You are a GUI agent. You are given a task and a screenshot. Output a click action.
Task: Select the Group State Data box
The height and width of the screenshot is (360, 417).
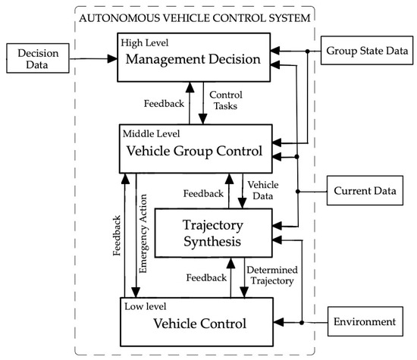366,52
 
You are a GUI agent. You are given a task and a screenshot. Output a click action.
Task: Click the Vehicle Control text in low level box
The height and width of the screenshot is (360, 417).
199,324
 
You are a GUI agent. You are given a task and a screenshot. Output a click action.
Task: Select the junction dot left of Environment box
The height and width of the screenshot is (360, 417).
302,322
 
